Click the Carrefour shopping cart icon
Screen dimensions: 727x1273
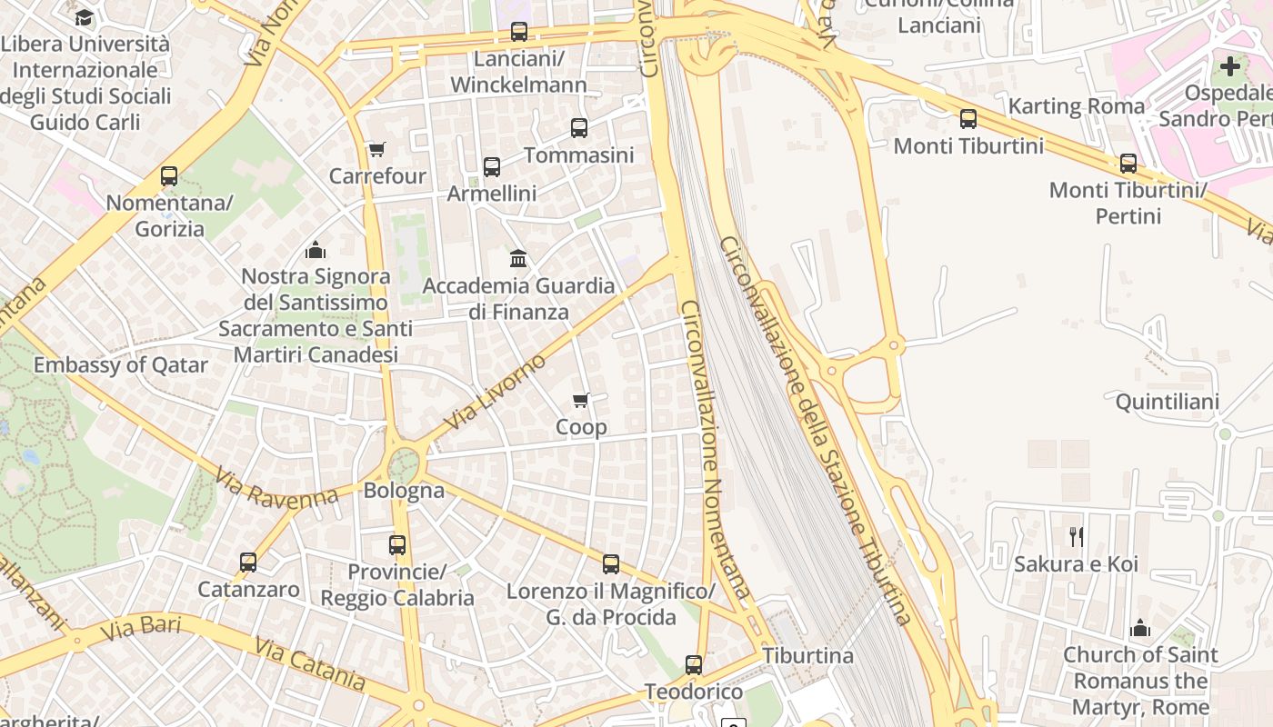click(376, 149)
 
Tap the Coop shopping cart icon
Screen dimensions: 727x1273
click(581, 400)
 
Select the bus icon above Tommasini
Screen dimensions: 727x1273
click(579, 128)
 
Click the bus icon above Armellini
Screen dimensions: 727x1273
click(492, 167)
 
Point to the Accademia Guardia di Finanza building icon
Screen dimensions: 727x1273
click(518, 259)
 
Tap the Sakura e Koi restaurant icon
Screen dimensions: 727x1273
click(1077, 537)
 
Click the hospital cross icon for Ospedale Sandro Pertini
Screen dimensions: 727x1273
click(1230, 65)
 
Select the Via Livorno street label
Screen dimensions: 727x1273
click(496, 392)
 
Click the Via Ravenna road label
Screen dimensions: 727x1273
click(277, 487)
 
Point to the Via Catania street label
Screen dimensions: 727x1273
click(310, 664)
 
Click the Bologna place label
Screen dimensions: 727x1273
click(404, 491)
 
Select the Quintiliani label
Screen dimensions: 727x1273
click(1168, 402)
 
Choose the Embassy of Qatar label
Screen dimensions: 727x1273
click(121, 365)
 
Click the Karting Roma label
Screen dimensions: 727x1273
click(1077, 106)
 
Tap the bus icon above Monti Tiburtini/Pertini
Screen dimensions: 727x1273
click(1128, 164)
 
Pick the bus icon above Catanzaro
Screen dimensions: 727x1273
click(248, 563)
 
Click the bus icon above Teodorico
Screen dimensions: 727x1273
click(694, 665)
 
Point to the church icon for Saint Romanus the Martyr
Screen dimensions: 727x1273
click(1140, 628)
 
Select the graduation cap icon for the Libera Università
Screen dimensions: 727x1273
click(84, 17)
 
